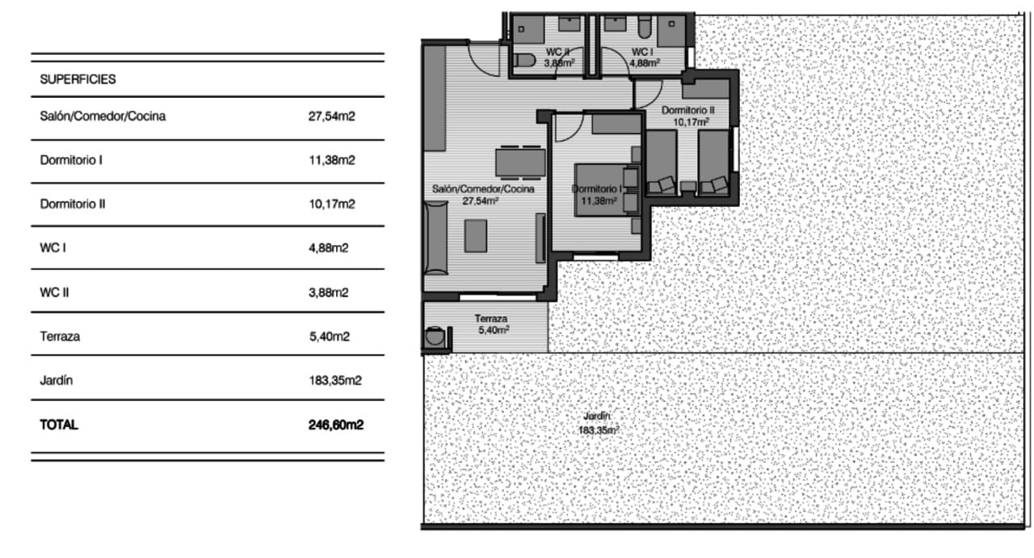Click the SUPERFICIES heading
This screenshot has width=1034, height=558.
click(x=78, y=79)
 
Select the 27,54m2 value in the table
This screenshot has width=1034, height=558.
click(x=332, y=116)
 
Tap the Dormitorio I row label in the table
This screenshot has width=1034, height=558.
click(x=71, y=160)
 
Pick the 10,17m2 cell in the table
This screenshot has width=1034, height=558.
click(x=332, y=204)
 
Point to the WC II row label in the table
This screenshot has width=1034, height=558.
click(x=55, y=292)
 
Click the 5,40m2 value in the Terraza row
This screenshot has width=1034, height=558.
click(x=328, y=336)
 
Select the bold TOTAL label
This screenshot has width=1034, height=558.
click(x=59, y=424)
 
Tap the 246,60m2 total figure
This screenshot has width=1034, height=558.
click(x=335, y=424)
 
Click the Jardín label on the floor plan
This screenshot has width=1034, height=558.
click(x=597, y=416)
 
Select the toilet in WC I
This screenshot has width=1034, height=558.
click(x=645, y=31)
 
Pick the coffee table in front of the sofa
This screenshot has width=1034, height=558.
click(x=475, y=235)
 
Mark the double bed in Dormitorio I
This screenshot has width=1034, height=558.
click(x=599, y=191)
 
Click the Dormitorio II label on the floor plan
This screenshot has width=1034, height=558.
click(x=687, y=110)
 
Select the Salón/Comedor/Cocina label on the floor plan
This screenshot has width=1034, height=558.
click(x=483, y=188)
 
